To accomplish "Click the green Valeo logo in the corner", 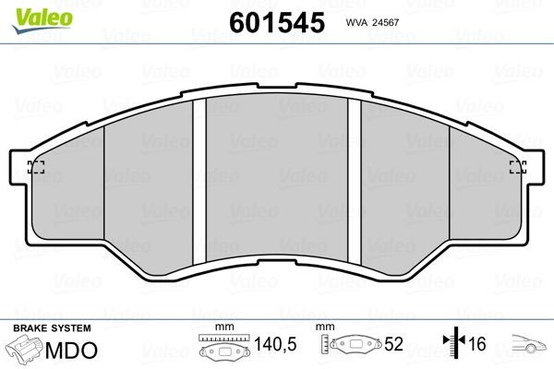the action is point(42,20).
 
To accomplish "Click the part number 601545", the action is point(277,22).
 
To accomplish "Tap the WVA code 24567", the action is point(385,22).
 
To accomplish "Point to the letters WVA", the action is point(356,22).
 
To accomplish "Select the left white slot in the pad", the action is point(199,182).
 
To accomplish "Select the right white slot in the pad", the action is point(355,182).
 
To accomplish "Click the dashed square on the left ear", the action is point(36,167).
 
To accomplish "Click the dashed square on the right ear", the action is point(518,167).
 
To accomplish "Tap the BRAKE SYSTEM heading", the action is point(52,328).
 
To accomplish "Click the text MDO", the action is point(71,351).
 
